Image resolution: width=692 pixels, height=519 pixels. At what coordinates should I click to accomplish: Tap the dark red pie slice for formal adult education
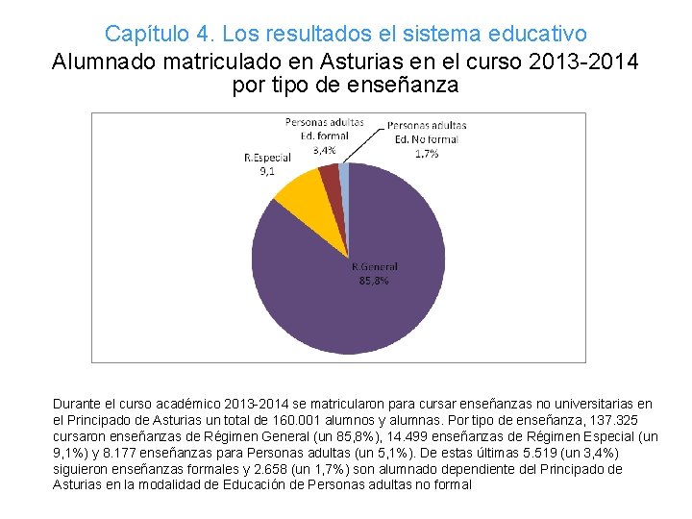(x=330, y=177)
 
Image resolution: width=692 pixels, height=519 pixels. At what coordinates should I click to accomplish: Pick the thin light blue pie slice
(x=343, y=175)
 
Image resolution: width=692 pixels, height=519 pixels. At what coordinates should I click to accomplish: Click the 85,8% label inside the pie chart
(x=374, y=281)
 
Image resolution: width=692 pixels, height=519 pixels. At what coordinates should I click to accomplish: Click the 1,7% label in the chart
(x=427, y=152)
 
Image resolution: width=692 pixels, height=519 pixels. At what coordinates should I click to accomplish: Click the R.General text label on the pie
(x=374, y=267)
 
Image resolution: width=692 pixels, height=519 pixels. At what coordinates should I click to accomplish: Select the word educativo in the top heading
(x=537, y=35)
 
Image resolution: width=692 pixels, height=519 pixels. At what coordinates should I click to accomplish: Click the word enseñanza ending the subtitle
(x=405, y=86)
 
